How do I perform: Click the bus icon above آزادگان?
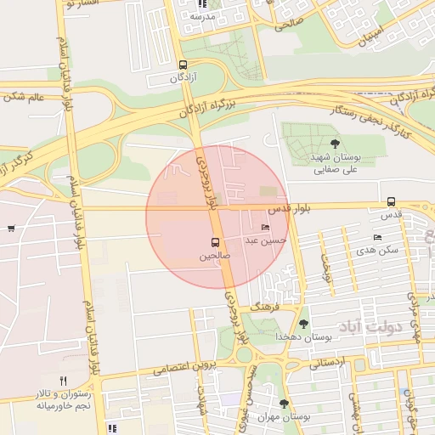click(x=184, y=65)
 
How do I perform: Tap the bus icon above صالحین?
click(x=215, y=242)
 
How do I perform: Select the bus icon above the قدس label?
click(x=391, y=201)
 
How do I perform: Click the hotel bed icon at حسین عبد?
click(x=265, y=228)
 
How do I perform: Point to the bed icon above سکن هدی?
click(x=377, y=237)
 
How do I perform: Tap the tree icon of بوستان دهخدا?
click(x=303, y=323)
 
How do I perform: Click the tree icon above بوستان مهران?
click(x=284, y=404)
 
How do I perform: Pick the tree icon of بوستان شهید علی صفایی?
click(x=335, y=144)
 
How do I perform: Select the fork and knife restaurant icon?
click(x=63, y=381)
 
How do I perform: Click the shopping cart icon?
click(x=10, y=228)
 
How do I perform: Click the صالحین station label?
click(x=214, y=255)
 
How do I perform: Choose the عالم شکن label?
click(x=23, y=96)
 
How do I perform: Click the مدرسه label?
click(x=204, y=16)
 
